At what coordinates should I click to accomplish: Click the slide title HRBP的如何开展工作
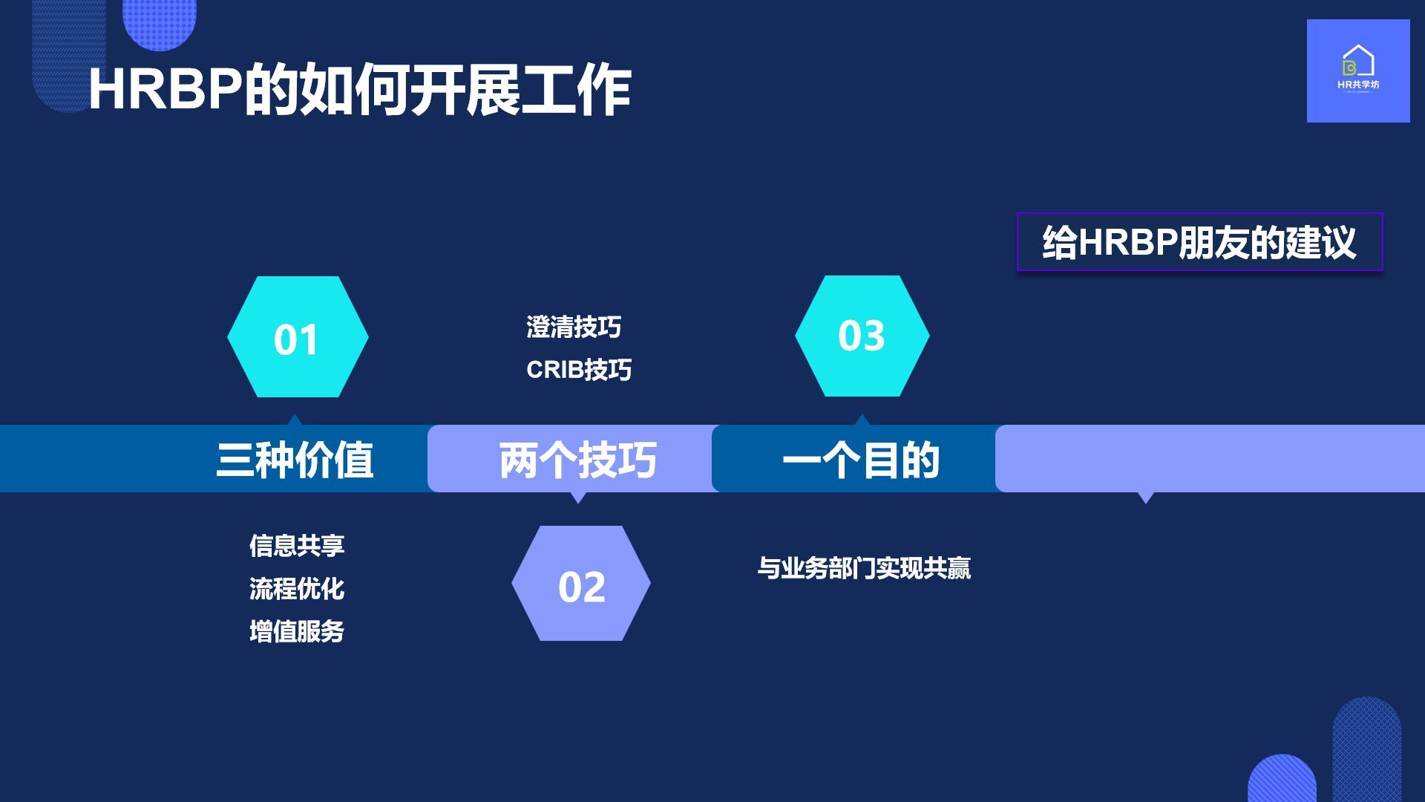point(360,91)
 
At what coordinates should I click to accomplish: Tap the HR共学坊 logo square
point(1358,71)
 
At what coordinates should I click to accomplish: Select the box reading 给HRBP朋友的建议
point(1199,242)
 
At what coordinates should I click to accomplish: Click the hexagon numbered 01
point(298,337)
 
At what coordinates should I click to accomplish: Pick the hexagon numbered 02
point(581,584)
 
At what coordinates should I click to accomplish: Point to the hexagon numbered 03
point(862,336)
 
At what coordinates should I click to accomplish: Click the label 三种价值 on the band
point(295,460)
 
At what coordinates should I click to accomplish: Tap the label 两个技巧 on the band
point(577,460)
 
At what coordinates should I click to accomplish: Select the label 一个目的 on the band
point(861,460)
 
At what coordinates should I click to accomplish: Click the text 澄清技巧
point(574,327)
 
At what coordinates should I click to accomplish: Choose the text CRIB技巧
point(579,369)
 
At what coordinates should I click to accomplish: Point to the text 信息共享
point(297,546)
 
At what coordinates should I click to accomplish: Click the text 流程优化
point(297,589)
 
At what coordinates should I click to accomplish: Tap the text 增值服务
point(297,631)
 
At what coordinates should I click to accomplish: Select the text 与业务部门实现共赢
point(864,568)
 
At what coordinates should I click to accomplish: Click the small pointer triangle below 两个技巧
point(577,498)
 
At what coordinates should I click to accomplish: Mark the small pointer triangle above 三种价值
point(295,420)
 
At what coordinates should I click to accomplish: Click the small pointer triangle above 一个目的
point(862,420)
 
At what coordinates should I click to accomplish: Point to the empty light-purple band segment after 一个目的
point(1210,458)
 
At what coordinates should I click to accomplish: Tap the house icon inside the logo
point(1358,60)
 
